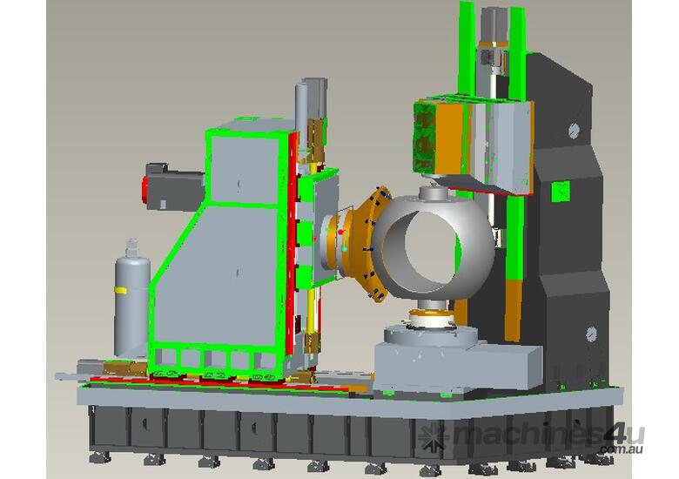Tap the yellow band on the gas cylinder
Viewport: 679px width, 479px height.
pos(120,290)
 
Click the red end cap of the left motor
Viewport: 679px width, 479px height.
pos(145,189)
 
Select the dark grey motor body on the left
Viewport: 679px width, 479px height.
pos(174,186)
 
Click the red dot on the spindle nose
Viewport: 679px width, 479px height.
pos(340,233)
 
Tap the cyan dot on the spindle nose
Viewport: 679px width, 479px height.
pos(345,248)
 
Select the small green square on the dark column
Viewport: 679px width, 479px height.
pos(561,192)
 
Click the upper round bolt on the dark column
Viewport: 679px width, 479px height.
pos(574,130)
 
